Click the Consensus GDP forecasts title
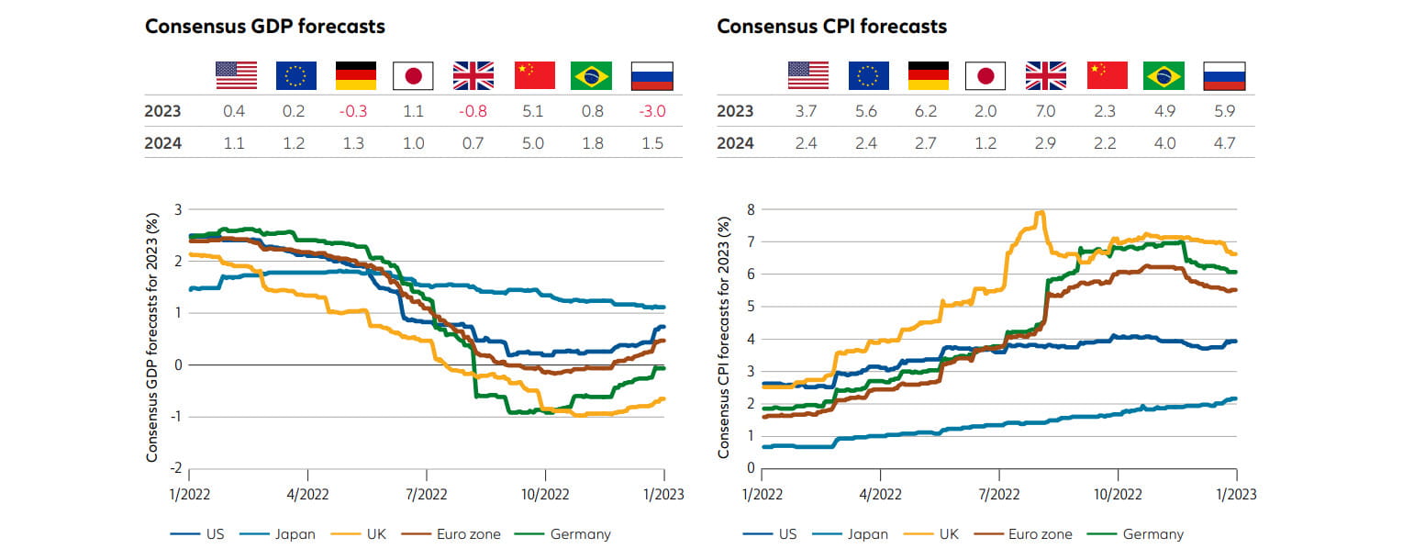tap(265, 26)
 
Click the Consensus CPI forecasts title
tap(831, 26)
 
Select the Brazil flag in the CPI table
tap(1163, 75)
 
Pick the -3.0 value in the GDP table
tap(651, 112)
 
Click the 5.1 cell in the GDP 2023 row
tap(534, 112)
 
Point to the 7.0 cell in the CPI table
tap(1046, 111)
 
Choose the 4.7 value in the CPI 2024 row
tap(1223, 143)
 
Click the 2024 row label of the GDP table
tap(163, 143)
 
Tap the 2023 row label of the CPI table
tap(736, 111)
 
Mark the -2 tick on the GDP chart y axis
tap(176, 469)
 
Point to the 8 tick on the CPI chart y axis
tap(751, 209)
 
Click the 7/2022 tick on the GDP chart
tap(426, 494)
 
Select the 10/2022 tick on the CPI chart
tap(1118, 494)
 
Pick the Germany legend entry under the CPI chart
tap(1153, 533)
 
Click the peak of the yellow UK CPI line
tap(1041, 213)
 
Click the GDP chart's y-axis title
tap(153, 339)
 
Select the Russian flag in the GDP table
tap(651, 75)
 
